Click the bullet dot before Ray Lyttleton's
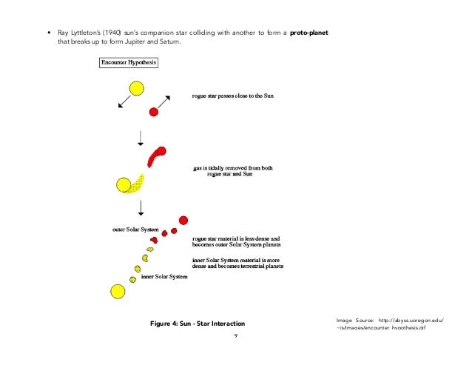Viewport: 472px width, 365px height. click(x=49, y=34)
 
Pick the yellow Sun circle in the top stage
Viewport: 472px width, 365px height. click(x=136, y=90)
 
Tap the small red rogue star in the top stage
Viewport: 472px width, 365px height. click(x=154, y=112)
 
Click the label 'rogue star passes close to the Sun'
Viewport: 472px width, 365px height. click(x=232, y=97)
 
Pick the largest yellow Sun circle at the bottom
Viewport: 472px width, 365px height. click(x=117, y=291)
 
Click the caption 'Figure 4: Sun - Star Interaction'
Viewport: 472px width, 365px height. click(x=197, y=324)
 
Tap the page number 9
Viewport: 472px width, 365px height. click(x=235, y=336)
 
